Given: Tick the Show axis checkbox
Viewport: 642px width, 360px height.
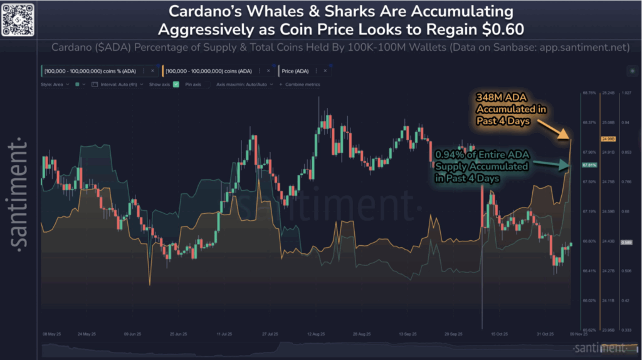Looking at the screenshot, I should point(176,83).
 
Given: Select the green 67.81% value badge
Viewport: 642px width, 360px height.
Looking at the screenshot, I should point(589,165).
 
